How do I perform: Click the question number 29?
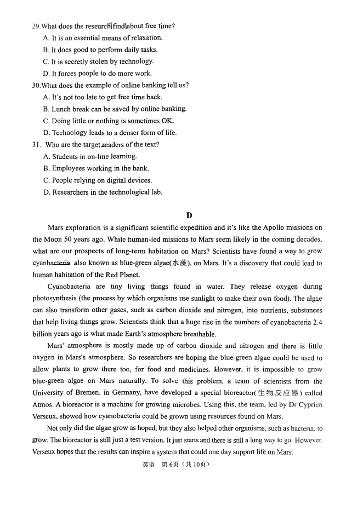click(36, 26)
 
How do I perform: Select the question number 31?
click(36, 145)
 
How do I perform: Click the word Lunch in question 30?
click(62, 109)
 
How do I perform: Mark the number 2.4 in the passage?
click(317, 322)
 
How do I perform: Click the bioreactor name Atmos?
click(43, 405)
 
